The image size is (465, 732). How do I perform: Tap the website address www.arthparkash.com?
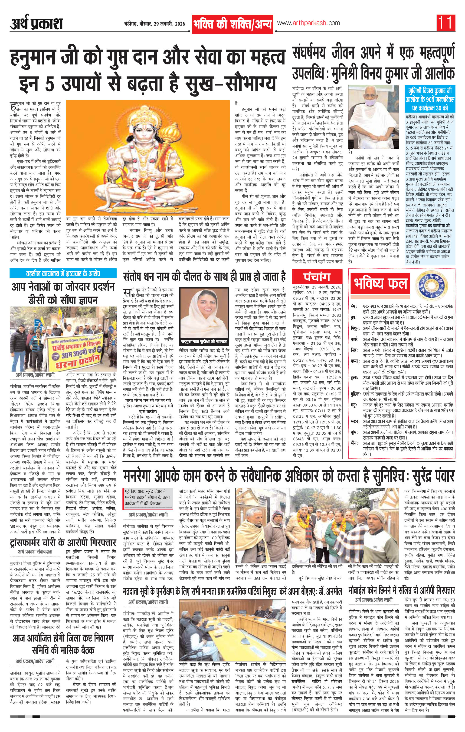coord(308,23)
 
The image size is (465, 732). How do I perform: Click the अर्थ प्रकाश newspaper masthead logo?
coord(36,24)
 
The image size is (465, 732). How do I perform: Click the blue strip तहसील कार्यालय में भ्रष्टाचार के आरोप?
coord(63,273)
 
